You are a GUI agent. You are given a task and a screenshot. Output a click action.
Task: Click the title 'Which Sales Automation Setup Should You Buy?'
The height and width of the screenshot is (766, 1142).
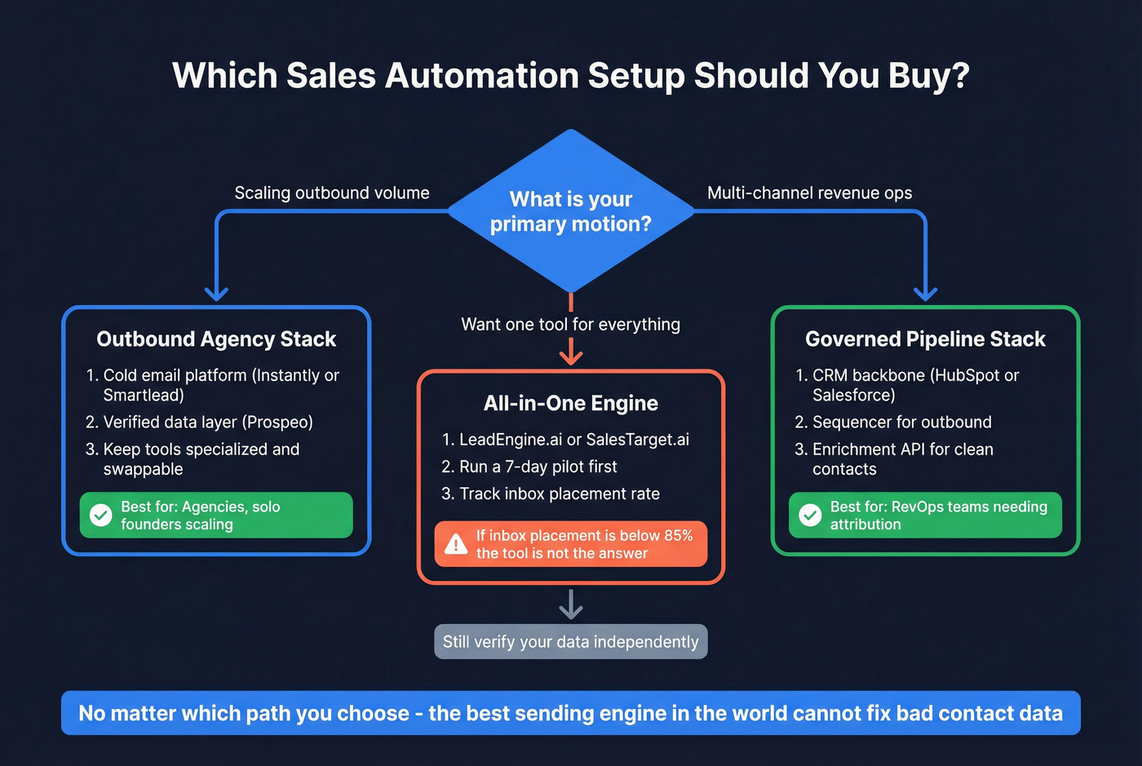click(571, 76)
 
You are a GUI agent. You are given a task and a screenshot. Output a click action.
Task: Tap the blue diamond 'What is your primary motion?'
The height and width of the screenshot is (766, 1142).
click(571, 210)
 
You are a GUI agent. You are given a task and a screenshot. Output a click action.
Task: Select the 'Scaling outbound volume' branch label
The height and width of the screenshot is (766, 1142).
click(331, 193)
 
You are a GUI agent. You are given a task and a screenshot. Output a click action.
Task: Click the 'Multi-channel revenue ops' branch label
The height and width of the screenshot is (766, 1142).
click(809, 193)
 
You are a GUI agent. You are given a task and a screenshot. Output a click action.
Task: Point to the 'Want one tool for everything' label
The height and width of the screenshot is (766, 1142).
click(570, 325)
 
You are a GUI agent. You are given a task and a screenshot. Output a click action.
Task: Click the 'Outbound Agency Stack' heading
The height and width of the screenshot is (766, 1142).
click(216, 339)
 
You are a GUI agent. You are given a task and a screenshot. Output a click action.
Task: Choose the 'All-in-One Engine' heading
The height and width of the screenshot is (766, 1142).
click(570, 404)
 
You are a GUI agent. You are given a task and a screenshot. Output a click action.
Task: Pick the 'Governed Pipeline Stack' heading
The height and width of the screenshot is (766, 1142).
click(925, 339)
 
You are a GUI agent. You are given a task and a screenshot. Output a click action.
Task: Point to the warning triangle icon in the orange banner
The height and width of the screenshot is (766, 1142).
click(455, 545)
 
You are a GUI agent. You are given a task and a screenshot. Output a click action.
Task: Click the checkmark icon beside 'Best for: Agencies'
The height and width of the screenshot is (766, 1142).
click(101, 516)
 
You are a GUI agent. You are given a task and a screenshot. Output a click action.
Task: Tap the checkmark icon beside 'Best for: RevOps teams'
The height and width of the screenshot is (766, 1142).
click(810, 516)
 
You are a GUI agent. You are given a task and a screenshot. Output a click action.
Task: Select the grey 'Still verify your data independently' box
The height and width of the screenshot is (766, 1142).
click(570, 642)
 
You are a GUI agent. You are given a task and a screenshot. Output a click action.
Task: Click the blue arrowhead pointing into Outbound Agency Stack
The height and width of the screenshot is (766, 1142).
click(216, 293)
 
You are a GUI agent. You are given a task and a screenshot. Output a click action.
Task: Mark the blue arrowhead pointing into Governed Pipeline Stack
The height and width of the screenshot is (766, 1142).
click(925, 293)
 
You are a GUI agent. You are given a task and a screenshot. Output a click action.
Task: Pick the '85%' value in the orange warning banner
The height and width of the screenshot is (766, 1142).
click(678, 536)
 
